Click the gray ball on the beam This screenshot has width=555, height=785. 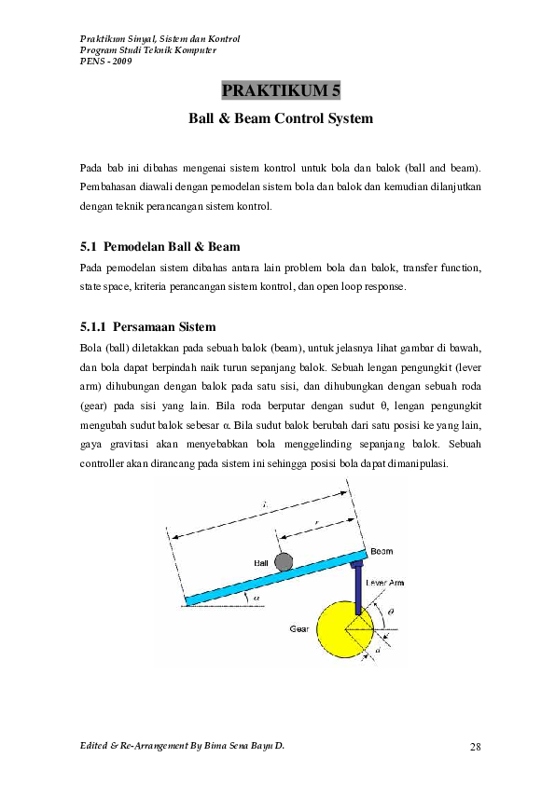(283, 561)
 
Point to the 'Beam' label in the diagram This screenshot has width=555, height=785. (382, 551)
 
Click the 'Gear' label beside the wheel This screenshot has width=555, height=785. (298, 629)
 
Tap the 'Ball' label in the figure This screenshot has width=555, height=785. (261, 563)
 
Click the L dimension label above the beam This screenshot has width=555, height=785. (264, 503)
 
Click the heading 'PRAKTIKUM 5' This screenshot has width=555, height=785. (281, 90)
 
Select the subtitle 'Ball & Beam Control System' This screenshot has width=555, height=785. (281, 119)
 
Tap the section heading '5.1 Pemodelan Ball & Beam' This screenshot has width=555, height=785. (160, 247)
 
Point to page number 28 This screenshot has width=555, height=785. (476, 747)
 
